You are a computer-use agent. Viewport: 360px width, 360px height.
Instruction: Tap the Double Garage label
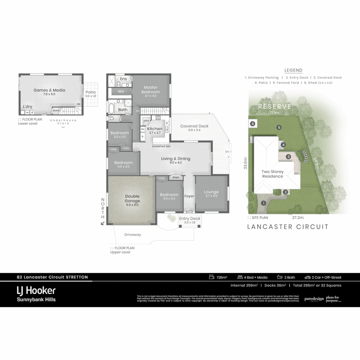click(132, 198)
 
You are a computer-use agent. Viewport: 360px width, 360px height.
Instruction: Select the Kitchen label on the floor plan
click(155, 129)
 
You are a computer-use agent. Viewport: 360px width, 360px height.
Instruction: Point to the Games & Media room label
click(49, 90)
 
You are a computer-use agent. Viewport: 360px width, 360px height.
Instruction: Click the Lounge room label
click(211, 192)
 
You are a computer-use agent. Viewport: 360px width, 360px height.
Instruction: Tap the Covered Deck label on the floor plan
click(194, 126)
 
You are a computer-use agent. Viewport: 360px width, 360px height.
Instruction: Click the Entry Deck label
click(190, 219)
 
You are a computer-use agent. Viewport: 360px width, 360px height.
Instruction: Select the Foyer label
click(189, 196)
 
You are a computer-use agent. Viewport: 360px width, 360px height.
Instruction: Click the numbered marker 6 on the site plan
click(253, 124)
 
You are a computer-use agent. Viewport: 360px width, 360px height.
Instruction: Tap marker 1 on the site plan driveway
click(263, 203)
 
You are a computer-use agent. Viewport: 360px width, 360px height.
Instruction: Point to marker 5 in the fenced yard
click(279, 127)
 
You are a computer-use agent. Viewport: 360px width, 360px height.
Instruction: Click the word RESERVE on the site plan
click(275, 107)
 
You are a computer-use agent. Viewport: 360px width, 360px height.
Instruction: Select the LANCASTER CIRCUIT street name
click(288, 227)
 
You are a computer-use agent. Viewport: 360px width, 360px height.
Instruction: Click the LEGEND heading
click(293, 70)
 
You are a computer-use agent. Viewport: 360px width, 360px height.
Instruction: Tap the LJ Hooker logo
click(36, 291)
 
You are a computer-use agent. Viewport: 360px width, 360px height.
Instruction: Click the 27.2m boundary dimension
click(298, 217)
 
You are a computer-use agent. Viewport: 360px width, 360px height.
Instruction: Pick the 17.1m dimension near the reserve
click(275, 113)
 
